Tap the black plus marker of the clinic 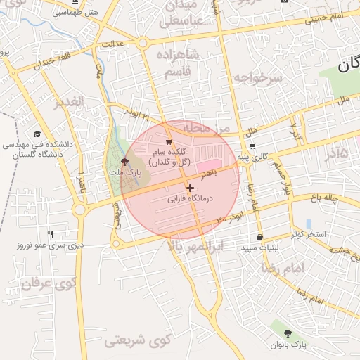pos(190,188)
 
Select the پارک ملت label pos(124,172)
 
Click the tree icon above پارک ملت pos(125,162)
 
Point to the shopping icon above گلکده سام pos(168,142)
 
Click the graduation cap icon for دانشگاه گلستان pos(37,134)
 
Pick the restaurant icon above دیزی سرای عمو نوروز pos(50,234)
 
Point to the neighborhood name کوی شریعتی pos(138,342)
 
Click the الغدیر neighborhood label pos(69,102)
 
